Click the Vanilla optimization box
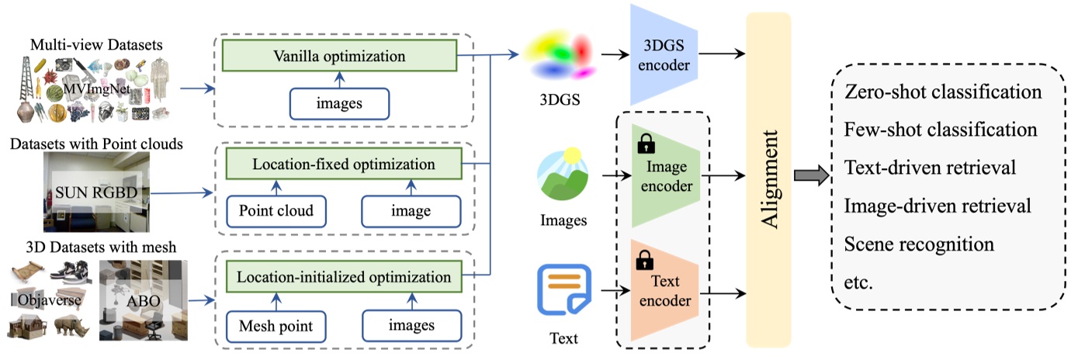339,56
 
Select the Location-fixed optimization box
343,164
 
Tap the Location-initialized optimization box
343,277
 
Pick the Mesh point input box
275,326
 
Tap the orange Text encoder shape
666,292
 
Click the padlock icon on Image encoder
644,143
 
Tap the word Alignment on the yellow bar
768,178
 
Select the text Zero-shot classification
942,92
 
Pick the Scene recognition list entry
919,244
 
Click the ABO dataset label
140,299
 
